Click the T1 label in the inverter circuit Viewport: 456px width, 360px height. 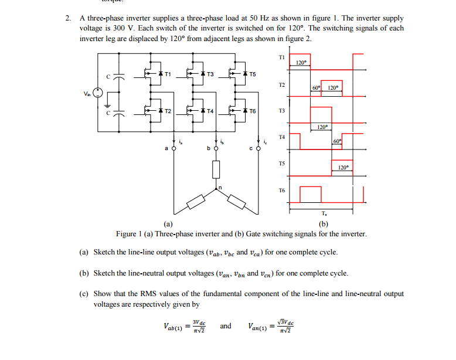click(x=168, y=74)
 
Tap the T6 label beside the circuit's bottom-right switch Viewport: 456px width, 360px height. click(x=253, y=111)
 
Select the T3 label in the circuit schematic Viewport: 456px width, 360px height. click(x=210, y=74)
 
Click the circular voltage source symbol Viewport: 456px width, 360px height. click(x=98, y=93)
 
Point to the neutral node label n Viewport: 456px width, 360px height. click(x=220, y=187)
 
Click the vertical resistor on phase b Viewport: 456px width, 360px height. click(x=216, y=169)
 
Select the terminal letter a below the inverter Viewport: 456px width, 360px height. click(x=166, y=149)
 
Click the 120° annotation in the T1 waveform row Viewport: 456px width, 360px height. click(x=301, y=62)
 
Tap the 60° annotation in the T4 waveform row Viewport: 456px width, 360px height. click(x=337, y=141)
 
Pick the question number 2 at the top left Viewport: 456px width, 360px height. click(x=67, y=18)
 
